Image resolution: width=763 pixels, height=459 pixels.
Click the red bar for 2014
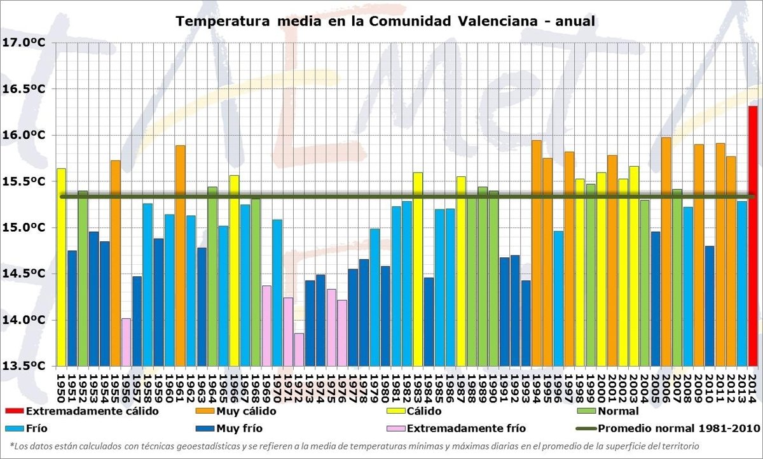point(752,236)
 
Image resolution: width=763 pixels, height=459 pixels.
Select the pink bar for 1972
point(299,350)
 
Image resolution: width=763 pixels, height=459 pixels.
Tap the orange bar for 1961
point(181,255)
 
